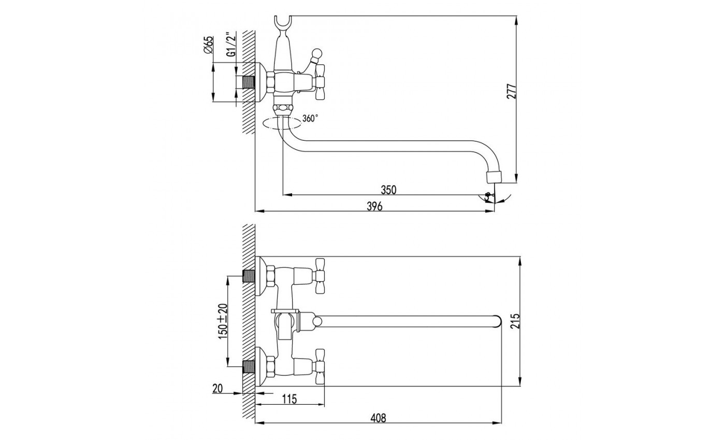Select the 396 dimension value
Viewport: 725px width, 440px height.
[374, 207]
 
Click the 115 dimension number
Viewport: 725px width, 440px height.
[290, 399]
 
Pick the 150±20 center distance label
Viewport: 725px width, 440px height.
[222, 321]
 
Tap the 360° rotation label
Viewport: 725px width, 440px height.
[310, 119]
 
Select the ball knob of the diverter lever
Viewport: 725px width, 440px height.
[315, 53]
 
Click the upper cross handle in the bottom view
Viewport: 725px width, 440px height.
[319, 274]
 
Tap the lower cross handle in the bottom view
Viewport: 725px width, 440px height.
[319, 368]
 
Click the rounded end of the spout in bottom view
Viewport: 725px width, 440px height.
[498, 321]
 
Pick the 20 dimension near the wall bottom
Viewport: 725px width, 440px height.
[218, 388]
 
